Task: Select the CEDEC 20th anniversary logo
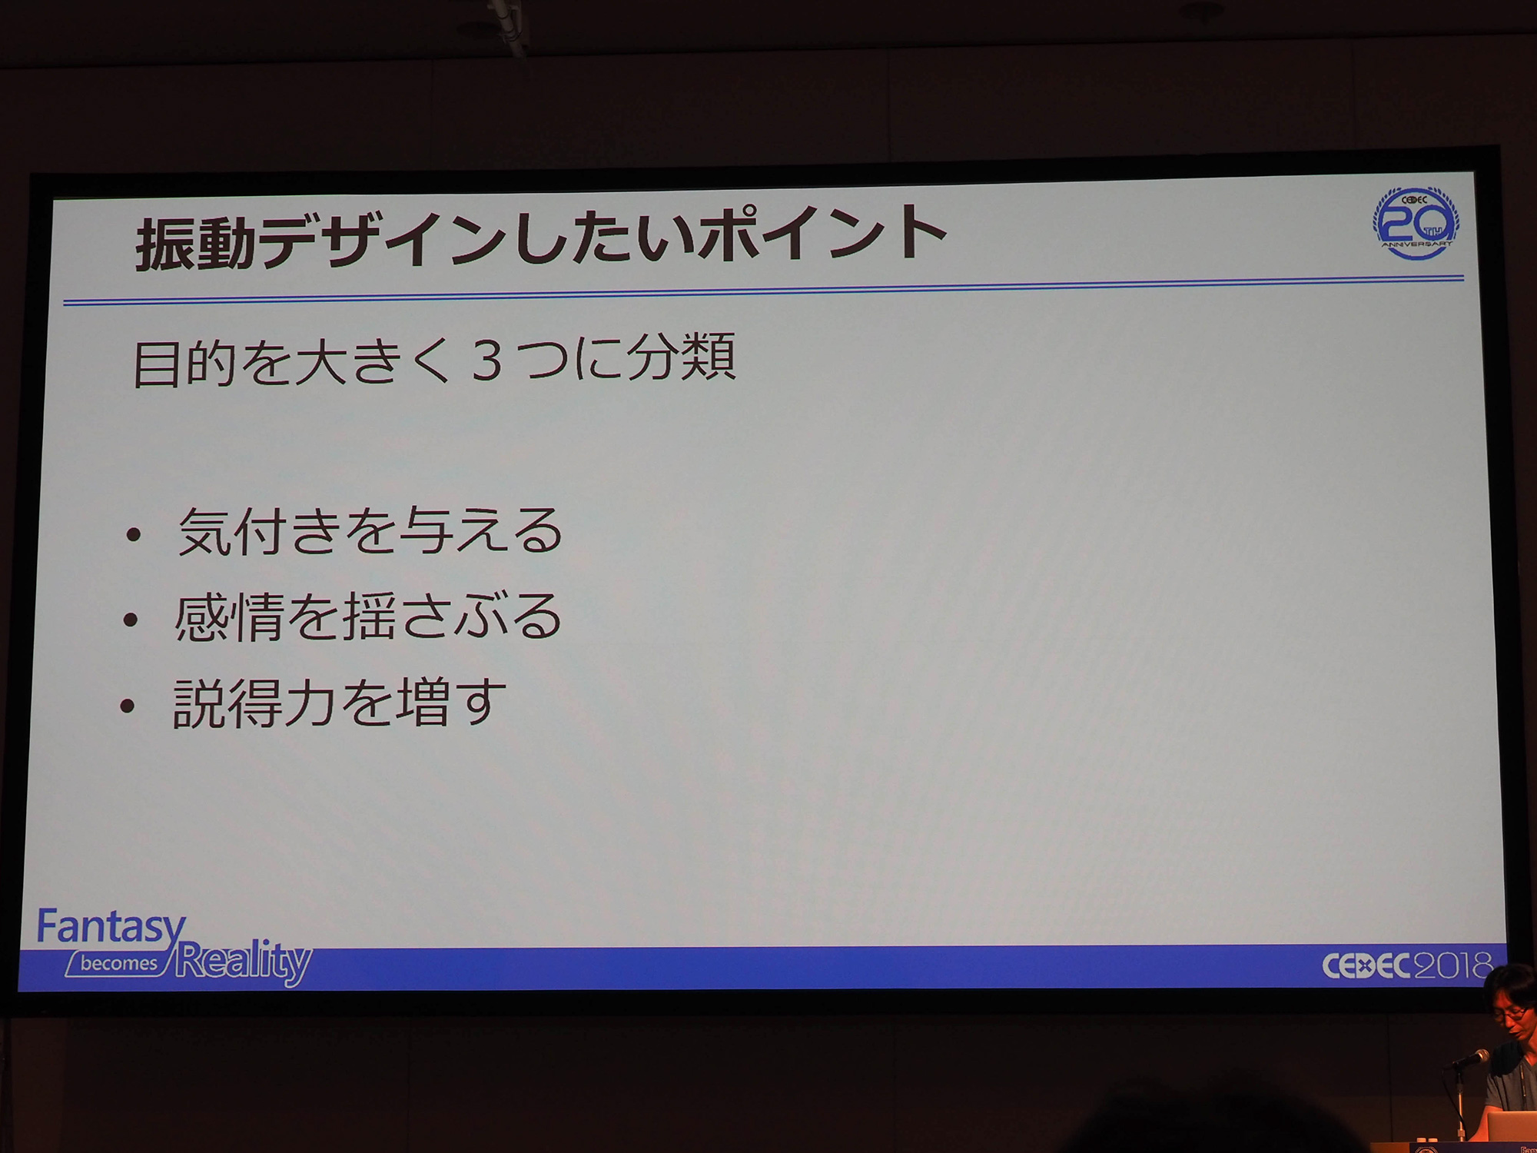click(x=1416, y=222)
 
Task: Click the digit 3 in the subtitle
click(x=486, y=361)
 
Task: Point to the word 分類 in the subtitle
click(x=681, y=357)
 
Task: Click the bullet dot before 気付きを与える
click(x=134, y=534)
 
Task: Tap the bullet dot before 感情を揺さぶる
click(x=131, y=620)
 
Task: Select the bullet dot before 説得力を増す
click(x=128, y=706)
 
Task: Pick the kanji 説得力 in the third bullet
click(x=254, y=703)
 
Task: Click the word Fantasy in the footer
click(x=112, y=926)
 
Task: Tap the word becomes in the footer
click(x=119, y=963)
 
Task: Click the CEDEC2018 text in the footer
click(x=1406, y=965)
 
